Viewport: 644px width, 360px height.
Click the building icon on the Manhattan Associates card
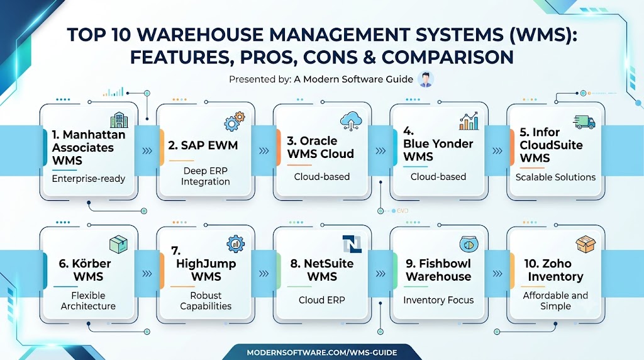[x=119, y=120]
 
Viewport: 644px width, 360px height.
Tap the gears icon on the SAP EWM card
[x=235, y=120]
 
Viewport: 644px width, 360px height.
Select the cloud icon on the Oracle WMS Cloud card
[x=351, y=121]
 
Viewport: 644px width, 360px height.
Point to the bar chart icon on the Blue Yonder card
[x=469, y=121]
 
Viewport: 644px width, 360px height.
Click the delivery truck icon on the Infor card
[x=584, y=121]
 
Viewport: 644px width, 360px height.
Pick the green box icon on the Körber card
[x=119, y=244]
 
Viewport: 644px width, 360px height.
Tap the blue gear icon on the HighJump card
[x=236, y=244]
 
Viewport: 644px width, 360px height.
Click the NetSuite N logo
[x=352, y=244]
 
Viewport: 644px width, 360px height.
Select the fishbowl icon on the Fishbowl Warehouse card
[x=469, y=245]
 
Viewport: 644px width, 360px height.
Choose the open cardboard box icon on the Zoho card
[x=586, y=245]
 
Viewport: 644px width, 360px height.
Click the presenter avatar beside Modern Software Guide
[x=426, y=79]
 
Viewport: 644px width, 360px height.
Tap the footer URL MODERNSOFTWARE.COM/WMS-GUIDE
[x=322, y=352]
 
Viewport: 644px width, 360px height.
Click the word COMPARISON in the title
[x=448, y=57]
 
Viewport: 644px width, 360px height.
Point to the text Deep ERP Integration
[x=206, y=176]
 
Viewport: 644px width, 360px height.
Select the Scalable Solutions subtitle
[x=555, y=177]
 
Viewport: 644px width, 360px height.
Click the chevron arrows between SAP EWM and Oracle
[x=264, y=151]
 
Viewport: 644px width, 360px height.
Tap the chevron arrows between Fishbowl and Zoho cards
[x=497, y=274]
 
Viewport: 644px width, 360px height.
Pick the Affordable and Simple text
[x=555, y=301]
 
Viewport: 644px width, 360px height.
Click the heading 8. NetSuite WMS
[x=322, y=270]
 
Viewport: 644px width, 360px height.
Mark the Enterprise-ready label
[x=89, y=179]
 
